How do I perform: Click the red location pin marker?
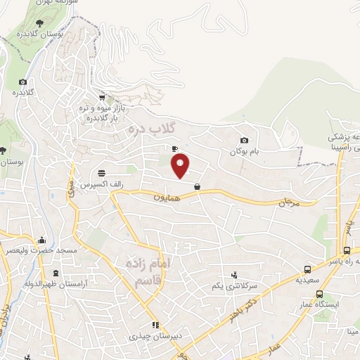click(181, 165)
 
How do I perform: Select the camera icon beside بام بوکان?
click(244, 141)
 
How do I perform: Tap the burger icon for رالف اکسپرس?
click(103, 172)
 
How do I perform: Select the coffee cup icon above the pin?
click(174, 148)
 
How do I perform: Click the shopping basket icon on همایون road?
click(197, 187)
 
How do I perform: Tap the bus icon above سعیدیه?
click(307, 269)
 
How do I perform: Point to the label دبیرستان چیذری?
click(155, 336)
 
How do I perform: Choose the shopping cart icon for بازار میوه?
click(102, 97)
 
